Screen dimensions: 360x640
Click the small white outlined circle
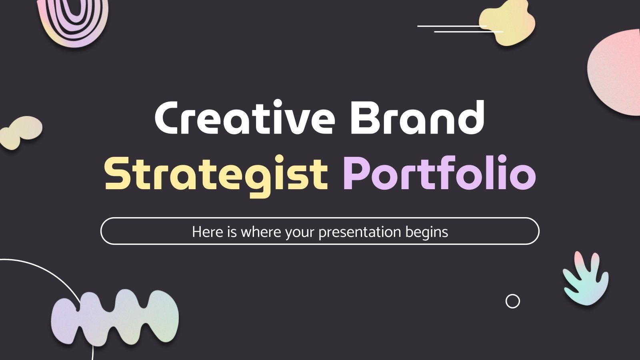point(512,301)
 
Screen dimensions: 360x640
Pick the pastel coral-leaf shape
point(586,278)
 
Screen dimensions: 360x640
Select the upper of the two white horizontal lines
point(452,26)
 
